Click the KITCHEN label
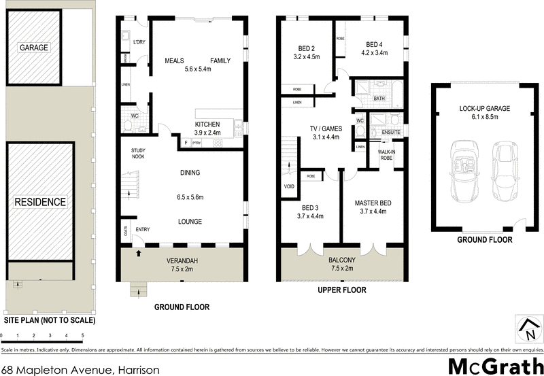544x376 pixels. pyautogui.click(x=207, y=124)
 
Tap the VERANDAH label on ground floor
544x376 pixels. pyautogui.click(x=182, y=261)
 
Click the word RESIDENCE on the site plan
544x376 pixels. pyautogui.click(x=41, y=202)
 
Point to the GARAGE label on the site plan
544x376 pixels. pyautogui.click(x=34, y=48)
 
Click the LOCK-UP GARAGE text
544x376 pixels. pyautogui.click(x=484, y=108)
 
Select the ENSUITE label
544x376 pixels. pyautogui.click(x=391, y=131)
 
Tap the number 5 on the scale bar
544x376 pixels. pyautogui.click(x=82, y=337)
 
